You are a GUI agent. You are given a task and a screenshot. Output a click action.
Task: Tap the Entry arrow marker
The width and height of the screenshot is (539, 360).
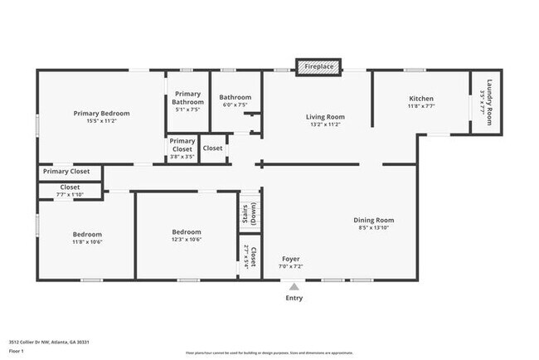(x=294, y=287)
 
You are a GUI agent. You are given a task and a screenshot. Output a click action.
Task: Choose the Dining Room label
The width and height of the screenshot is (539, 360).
(x=376, y=220)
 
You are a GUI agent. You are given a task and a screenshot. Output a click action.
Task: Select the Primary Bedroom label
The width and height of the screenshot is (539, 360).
(x=101, y=113)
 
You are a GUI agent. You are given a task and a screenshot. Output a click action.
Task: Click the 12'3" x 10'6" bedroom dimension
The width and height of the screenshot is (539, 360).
(x=187, y=240)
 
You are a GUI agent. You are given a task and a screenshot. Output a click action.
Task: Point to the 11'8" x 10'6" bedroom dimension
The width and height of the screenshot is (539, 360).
(x=87, y=242)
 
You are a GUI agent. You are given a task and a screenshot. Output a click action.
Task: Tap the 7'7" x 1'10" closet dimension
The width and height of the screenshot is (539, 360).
(x=70, y=194)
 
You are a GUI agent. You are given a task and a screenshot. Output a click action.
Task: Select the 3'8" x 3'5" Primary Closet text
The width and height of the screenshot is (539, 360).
(x=182, y=155)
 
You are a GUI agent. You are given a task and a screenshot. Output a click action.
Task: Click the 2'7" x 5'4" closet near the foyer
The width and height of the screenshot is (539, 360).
(x=246, y=258)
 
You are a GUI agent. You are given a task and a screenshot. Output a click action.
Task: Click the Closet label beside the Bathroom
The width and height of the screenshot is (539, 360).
(x=212, y=148)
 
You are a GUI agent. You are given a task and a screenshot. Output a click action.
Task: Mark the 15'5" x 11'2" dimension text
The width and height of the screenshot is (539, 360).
(x=101, y=121)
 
